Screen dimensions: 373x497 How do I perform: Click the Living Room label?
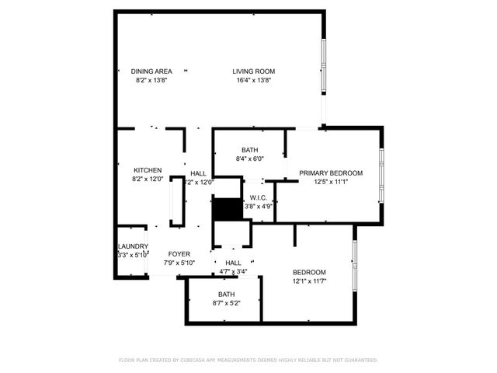point(254,71)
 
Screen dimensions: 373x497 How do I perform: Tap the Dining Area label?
point(151,71)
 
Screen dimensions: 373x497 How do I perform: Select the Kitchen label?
point(148,170)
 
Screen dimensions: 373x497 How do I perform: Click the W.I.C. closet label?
point(258,197)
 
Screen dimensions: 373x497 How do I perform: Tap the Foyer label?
point(179,254)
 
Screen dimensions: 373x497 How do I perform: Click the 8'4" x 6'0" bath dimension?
point(249,159)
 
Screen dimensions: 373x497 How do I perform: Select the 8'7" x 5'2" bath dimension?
point(226,303)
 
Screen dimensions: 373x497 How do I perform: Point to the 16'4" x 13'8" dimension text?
point(254,80)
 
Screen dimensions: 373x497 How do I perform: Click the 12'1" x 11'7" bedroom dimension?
point(309,281)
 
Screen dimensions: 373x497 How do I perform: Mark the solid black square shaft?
point(227,210)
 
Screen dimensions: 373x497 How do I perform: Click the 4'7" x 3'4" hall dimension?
point(232,272)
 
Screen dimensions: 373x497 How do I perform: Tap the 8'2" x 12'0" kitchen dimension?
point(148,179)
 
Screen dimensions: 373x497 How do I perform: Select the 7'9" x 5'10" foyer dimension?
point(179,263)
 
